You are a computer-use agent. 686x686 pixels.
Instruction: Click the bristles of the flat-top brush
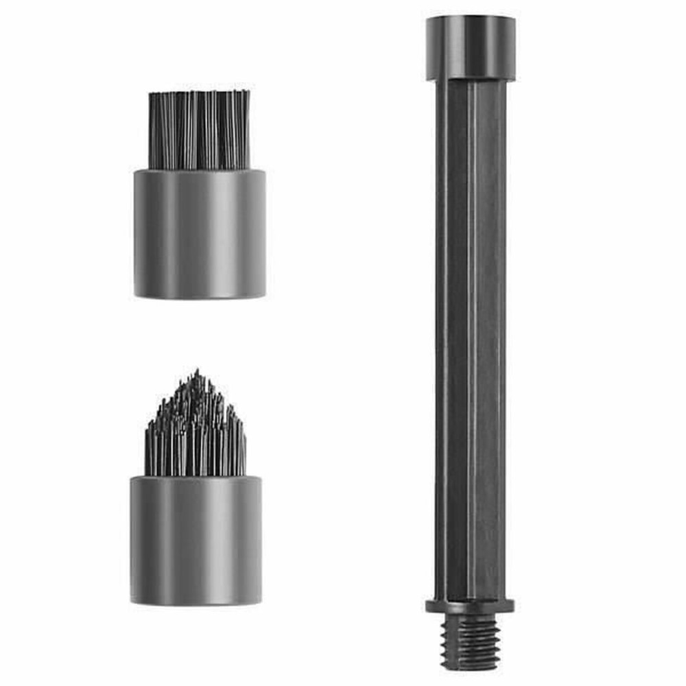199,130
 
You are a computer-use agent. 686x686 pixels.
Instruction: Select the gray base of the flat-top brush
199,233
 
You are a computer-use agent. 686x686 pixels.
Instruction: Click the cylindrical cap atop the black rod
471,48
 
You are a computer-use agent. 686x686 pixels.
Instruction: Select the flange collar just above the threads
470,606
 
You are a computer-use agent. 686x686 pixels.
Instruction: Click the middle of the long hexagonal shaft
471,343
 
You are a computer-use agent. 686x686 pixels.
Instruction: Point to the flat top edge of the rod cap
471,19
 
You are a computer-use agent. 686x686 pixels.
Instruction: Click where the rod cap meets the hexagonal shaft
471,80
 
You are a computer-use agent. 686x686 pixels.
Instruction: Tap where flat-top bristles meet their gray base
199,170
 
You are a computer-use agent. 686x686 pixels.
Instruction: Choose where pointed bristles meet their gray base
196,477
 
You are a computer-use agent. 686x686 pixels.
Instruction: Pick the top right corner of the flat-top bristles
248,92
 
